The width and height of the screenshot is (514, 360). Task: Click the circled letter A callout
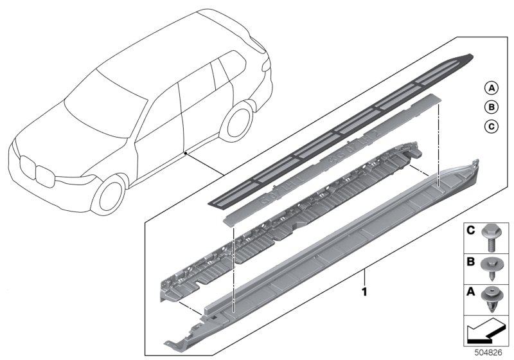(491, 88)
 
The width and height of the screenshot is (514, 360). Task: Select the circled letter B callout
(491, 107)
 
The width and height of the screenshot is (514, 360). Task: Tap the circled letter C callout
(491, 126)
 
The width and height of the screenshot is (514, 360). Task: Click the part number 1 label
(364, 291)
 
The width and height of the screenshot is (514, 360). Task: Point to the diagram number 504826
(488, 353)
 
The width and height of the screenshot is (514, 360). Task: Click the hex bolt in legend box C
(490, 238)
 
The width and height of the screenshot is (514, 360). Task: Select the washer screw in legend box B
(490, 268)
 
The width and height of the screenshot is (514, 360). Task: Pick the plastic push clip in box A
(490, 299)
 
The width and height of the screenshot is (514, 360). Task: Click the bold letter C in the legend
(470, 231)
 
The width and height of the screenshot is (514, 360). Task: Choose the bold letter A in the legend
(470, 292)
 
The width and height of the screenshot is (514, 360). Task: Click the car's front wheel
(109, 195)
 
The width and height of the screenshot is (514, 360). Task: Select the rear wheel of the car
(237, 122)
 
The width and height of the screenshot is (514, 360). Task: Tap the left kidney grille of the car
(27, 167)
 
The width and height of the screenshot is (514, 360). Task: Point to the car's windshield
(105, 104)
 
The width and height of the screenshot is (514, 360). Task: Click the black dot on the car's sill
(186, 153)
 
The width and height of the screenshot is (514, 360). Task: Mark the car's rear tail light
(266, 65)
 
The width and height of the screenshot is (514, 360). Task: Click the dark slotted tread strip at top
(341, 130)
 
